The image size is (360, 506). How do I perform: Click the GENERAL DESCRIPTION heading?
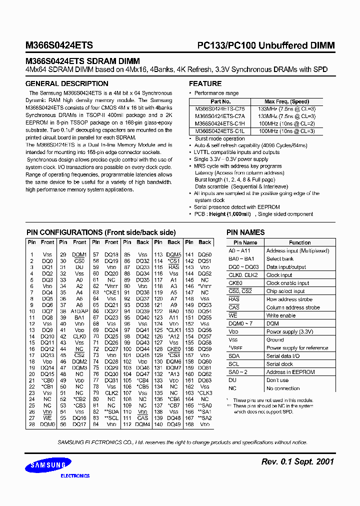[66, 83]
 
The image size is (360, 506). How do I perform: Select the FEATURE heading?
[205, 83]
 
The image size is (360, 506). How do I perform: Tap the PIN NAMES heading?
[245, 232]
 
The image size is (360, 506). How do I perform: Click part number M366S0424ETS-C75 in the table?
[216, 108]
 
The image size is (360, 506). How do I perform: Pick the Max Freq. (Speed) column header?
[286, 101]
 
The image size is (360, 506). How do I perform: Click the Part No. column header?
[216, 101]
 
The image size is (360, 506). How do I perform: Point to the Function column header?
[299, 242]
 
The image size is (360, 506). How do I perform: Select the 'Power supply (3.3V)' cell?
[289, 331]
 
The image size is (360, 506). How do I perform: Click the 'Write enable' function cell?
[281, 315]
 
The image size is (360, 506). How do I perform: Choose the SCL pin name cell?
[233, 364]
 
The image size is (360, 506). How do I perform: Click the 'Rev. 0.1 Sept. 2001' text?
[297, 461]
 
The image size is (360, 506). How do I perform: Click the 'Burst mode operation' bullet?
[219, 138]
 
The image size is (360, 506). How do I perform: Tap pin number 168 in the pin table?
[189, 424]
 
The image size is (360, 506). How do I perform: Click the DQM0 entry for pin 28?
[47, 424]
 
